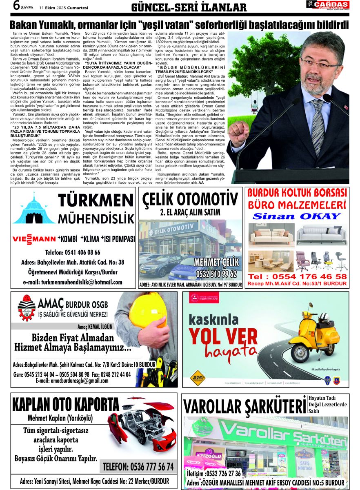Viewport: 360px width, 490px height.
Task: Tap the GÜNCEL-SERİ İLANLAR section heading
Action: (189, 7)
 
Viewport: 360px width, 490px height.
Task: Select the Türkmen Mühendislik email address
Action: (73, 282)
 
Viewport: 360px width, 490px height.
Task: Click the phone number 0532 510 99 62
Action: (216, 274)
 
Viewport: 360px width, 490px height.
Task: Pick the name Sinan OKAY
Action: (296, 216)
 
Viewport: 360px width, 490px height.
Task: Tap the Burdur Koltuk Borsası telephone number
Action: (297, 276)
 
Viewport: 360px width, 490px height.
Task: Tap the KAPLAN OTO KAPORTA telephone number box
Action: (138, 466)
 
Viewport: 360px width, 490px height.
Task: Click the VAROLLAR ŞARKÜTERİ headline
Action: (244, 407)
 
